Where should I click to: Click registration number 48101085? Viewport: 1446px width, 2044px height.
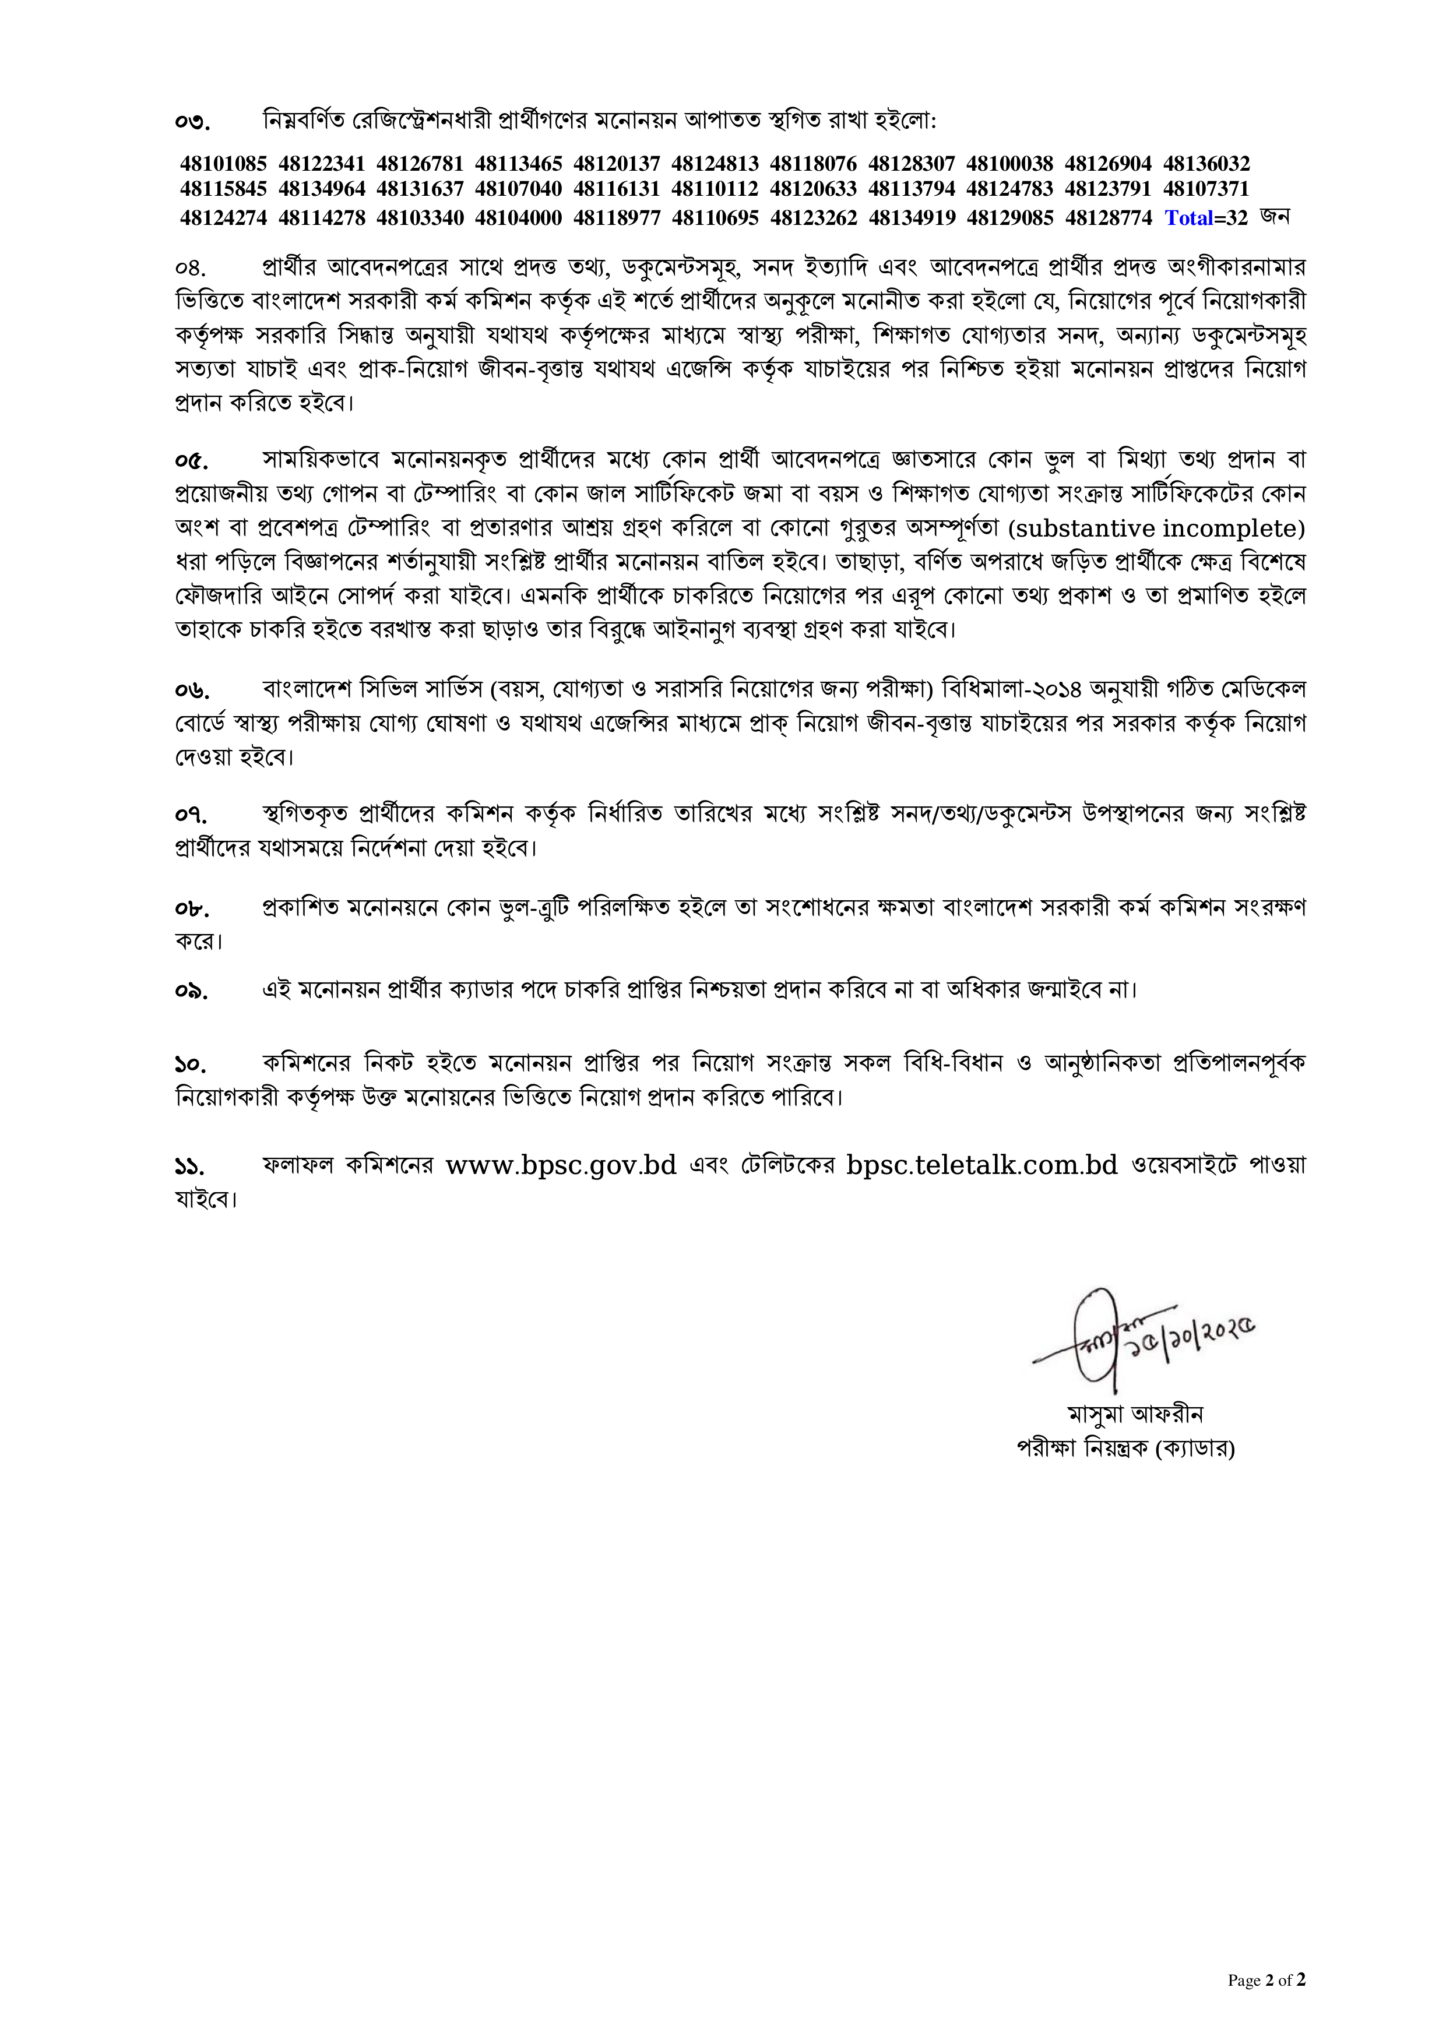pyautogui.click(x=223, y=164)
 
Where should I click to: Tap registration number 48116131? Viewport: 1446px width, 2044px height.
pyautogui.click(x=616, y=189)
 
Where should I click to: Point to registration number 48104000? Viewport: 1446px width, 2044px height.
pyautogui.click(x=518, y=218)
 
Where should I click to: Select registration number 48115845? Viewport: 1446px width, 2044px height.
pyautogui.click(x=223, y=189)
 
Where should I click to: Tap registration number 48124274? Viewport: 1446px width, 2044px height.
pyautogui.click(x=223, y=218)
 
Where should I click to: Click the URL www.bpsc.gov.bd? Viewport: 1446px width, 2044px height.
pyautogui.click(x=561, y=1164)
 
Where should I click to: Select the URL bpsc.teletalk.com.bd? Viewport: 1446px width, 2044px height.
pyautogui.click(x=981, y=1164)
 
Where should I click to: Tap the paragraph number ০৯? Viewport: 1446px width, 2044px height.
pyautogui.click(x=191, y=992)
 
